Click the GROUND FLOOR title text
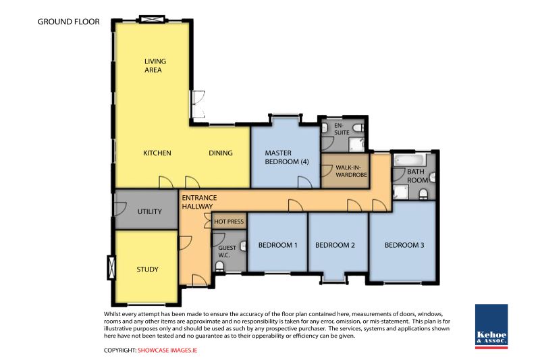tap(69, 22)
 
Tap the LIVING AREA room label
tap(155, 66)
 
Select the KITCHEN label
tap(157, 153)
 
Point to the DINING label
tap(221, 153)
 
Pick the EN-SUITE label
tap(342, 129)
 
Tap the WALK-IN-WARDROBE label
tap(351, 171)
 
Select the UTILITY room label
tap(149, 211)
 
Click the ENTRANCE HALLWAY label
tap(199, 202)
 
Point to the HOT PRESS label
tap(229, 222)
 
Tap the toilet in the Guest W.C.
tap(219, 266)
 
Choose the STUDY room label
tap(147, 269)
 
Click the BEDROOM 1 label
tap(277, 245)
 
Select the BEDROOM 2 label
tap(335, 245)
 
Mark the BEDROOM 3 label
tap(404, 245)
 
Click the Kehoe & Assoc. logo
tap(491, 326)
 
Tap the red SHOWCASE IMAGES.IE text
tap(167, 351)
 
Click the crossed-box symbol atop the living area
tap(152, 19)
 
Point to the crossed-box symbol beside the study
tap(111, 267)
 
